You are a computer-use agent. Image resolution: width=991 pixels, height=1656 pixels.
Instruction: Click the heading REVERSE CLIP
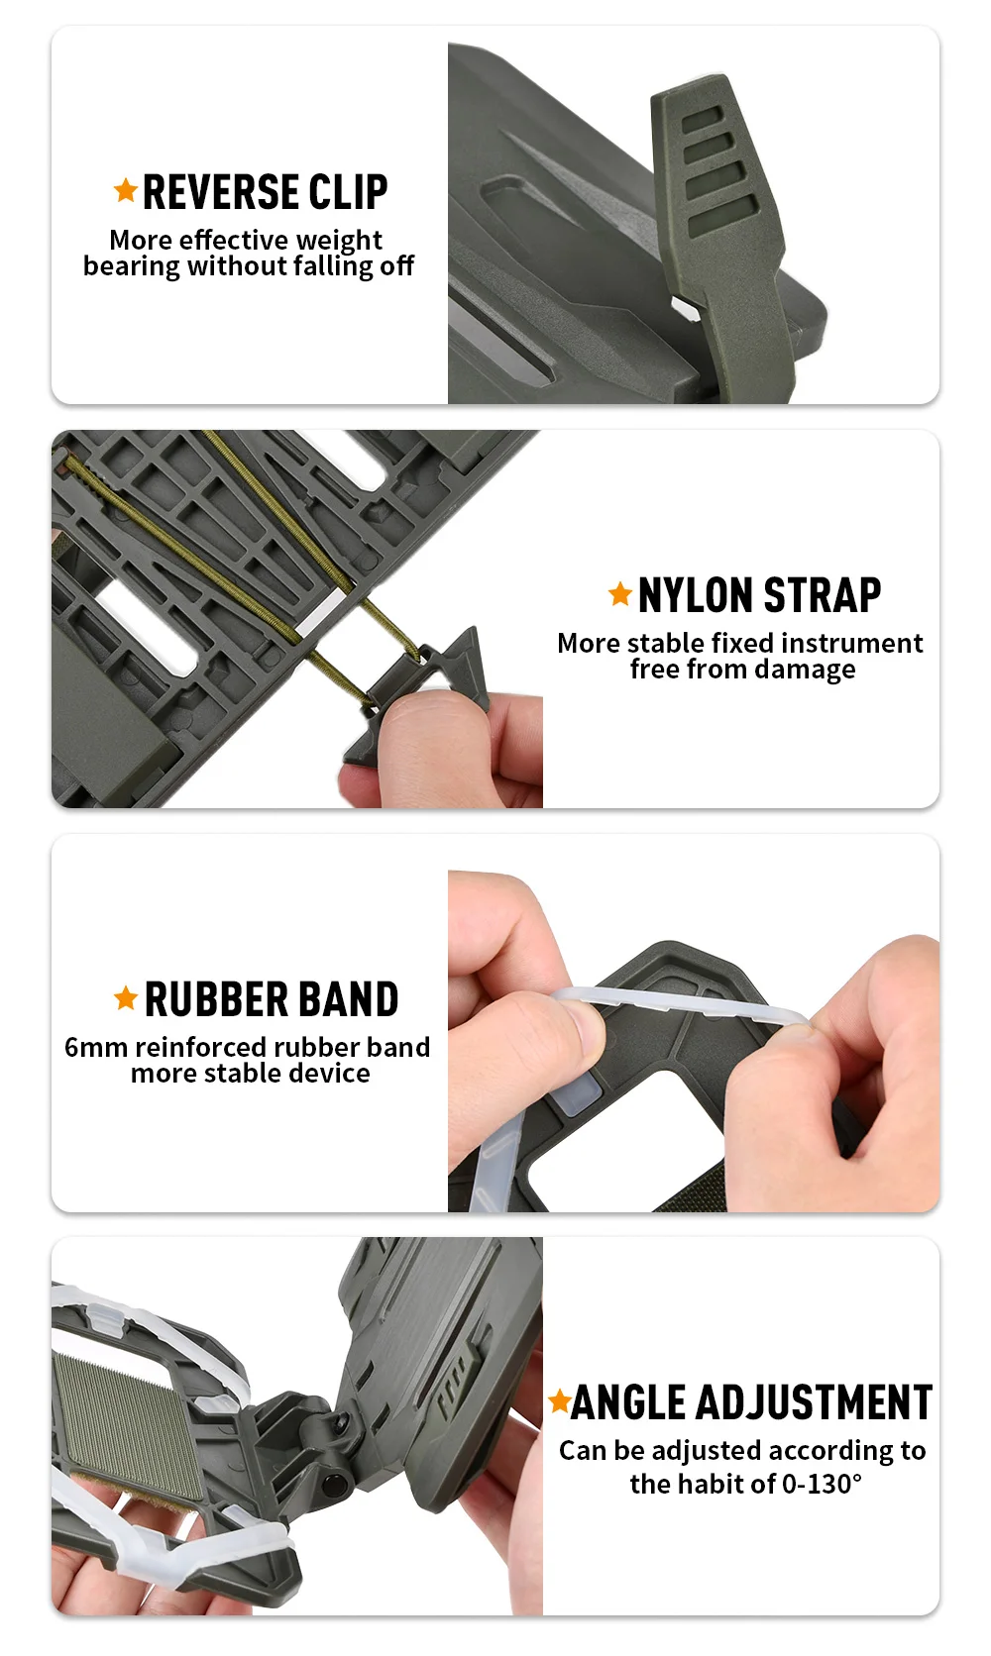coord(265,192)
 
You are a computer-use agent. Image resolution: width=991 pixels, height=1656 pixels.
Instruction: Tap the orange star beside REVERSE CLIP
coord(126,190)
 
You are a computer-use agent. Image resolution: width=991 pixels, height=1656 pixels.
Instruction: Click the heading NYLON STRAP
coord(759,595)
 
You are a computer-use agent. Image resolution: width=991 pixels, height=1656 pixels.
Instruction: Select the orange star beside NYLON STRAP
coord(619,593)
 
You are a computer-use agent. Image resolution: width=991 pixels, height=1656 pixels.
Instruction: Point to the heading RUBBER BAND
coord(272,999)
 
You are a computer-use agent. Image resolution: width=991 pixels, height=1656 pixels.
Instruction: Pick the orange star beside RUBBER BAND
coord(126,998)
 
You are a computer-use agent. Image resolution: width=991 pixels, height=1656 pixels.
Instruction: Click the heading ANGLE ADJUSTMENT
coord(751,1403)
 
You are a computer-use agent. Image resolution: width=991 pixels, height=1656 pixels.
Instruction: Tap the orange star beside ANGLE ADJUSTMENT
coord(559,1400)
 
